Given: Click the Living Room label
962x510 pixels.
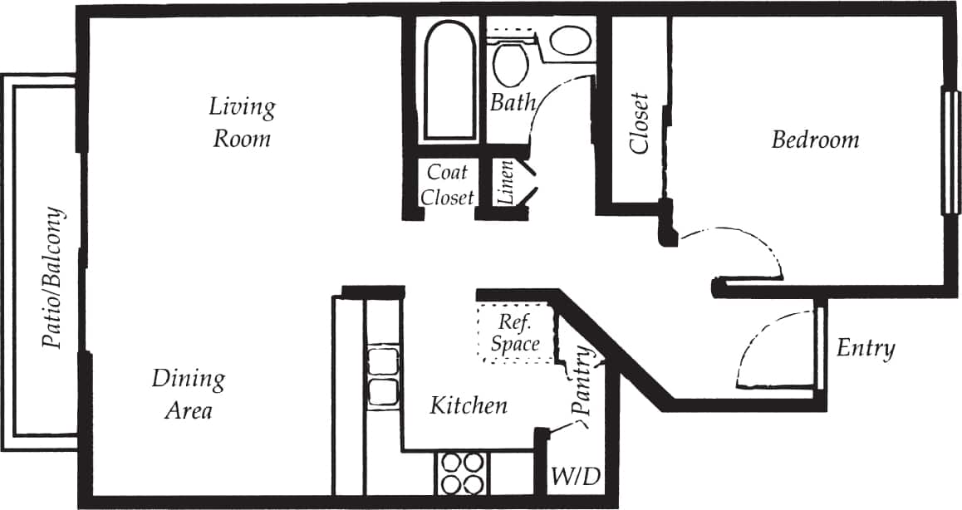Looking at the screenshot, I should pos(242,122).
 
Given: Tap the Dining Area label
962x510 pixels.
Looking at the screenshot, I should pos(188,395).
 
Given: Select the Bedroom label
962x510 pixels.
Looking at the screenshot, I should pos(815,140).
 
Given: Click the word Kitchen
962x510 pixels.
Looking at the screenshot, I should pos(468,405).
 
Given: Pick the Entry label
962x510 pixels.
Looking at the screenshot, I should pos(866,348).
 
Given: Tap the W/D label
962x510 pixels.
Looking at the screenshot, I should pos(576,478).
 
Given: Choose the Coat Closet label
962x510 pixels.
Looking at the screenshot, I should pos(447,184).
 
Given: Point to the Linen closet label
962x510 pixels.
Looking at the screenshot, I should pos(505,184).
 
